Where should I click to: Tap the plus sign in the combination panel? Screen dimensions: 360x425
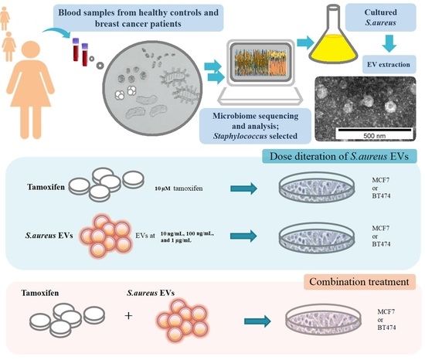point(129,317)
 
